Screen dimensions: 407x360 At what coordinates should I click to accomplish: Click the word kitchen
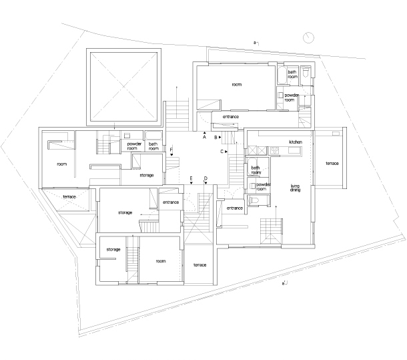click(296, 142)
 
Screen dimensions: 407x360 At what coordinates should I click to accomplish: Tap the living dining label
click(295, 188)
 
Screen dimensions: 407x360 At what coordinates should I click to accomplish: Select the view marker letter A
click(204, 137)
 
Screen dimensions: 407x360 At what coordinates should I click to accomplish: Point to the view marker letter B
click(216, 137)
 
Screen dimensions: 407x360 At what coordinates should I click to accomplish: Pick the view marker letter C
click(222, 152)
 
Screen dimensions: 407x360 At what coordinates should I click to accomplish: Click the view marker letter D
click(206, 178)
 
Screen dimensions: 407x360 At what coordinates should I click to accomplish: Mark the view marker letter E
click(191, 178)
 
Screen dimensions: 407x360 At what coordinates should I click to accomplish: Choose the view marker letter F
click(171, 150)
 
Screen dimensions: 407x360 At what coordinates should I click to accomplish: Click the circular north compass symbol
click(308, 37)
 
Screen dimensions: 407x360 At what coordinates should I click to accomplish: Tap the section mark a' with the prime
click(284, 283)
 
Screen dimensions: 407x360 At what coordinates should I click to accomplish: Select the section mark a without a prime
click(255, 42)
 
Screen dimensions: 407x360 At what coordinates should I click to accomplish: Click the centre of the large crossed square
click(123, 87)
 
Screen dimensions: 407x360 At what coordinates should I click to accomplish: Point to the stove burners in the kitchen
click(274, 150)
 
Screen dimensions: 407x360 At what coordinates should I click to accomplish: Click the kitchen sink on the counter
click(294, 150)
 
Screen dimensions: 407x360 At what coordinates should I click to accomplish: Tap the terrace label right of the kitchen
click(332, 163)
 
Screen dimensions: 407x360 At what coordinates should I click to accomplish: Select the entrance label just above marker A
click(230, 117)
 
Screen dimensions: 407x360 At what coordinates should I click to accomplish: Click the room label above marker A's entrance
click(236, 84)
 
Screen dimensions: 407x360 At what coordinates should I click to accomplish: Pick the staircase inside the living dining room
click(271, 231)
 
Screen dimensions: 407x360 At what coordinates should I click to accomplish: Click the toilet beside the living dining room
click(254, 200)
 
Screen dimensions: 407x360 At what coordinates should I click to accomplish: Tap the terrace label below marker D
click(199, 265)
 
